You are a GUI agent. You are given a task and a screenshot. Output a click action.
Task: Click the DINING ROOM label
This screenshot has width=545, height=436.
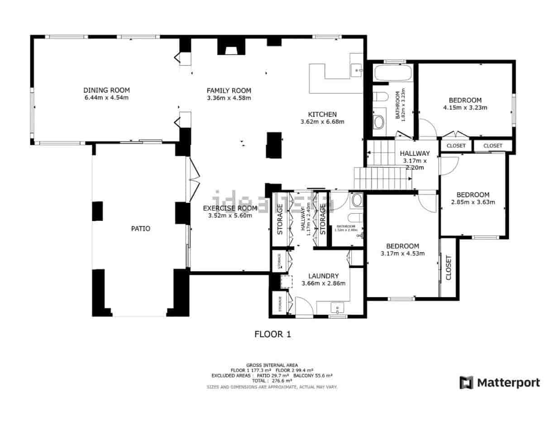[x=106, y=90]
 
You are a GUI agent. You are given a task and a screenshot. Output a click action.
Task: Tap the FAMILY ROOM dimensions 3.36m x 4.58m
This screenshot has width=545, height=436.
[x=229, y=98]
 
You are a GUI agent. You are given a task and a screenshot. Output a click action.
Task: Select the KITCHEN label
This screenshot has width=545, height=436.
[x=322, y=114]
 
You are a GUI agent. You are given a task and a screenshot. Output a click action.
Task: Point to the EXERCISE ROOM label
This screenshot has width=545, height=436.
[x=229, y=208]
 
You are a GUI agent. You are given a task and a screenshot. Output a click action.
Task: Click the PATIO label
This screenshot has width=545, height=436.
[x=140, y=229]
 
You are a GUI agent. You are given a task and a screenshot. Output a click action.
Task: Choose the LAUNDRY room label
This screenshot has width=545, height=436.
[x=323, y=276]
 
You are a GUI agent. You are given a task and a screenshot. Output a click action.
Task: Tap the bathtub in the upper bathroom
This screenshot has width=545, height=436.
[x=393, y=73]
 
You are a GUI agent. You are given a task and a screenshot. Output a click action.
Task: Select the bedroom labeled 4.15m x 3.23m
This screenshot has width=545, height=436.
[x=465, y=101]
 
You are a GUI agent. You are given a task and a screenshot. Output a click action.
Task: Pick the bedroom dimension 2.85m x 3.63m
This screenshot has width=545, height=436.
[x=473, y=202]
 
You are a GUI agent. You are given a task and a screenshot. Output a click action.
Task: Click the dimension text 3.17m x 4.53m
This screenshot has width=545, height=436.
[x=402, y=254]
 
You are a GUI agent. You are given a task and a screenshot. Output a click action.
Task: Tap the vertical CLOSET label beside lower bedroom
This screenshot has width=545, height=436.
[x=449, y=268]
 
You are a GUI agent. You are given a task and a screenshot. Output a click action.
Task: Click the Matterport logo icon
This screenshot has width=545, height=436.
[x=466, y=383]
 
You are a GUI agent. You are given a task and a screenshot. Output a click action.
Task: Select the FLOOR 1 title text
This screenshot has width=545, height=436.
[x=272, y=335]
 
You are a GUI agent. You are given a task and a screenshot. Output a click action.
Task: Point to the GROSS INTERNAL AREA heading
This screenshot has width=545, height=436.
[x=272, y=365]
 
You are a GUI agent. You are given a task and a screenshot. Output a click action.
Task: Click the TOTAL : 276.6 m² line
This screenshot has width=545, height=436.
[x=272, y=381]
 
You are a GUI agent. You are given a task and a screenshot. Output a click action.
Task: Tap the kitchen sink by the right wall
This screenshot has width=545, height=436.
[x=357, y=70]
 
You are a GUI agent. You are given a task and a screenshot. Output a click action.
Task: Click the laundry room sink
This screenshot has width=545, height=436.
[x=338, y=308]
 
